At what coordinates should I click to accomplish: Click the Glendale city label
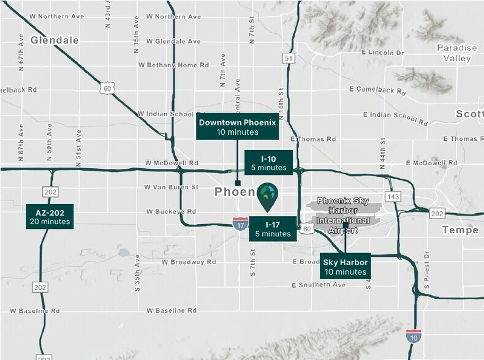pos(55,40)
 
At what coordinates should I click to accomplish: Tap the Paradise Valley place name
pos(456,53)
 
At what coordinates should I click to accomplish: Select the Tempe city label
pos(459,230)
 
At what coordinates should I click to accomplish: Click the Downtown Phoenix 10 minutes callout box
pos(238,127)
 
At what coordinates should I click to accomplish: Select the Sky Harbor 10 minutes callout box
pos(346,266)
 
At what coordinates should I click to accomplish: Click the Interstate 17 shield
pos(240,225)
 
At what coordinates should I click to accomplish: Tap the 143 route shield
pos(394,197)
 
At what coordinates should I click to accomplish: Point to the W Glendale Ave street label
pos(170,42)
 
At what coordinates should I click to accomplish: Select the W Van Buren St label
pos(172,187)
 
